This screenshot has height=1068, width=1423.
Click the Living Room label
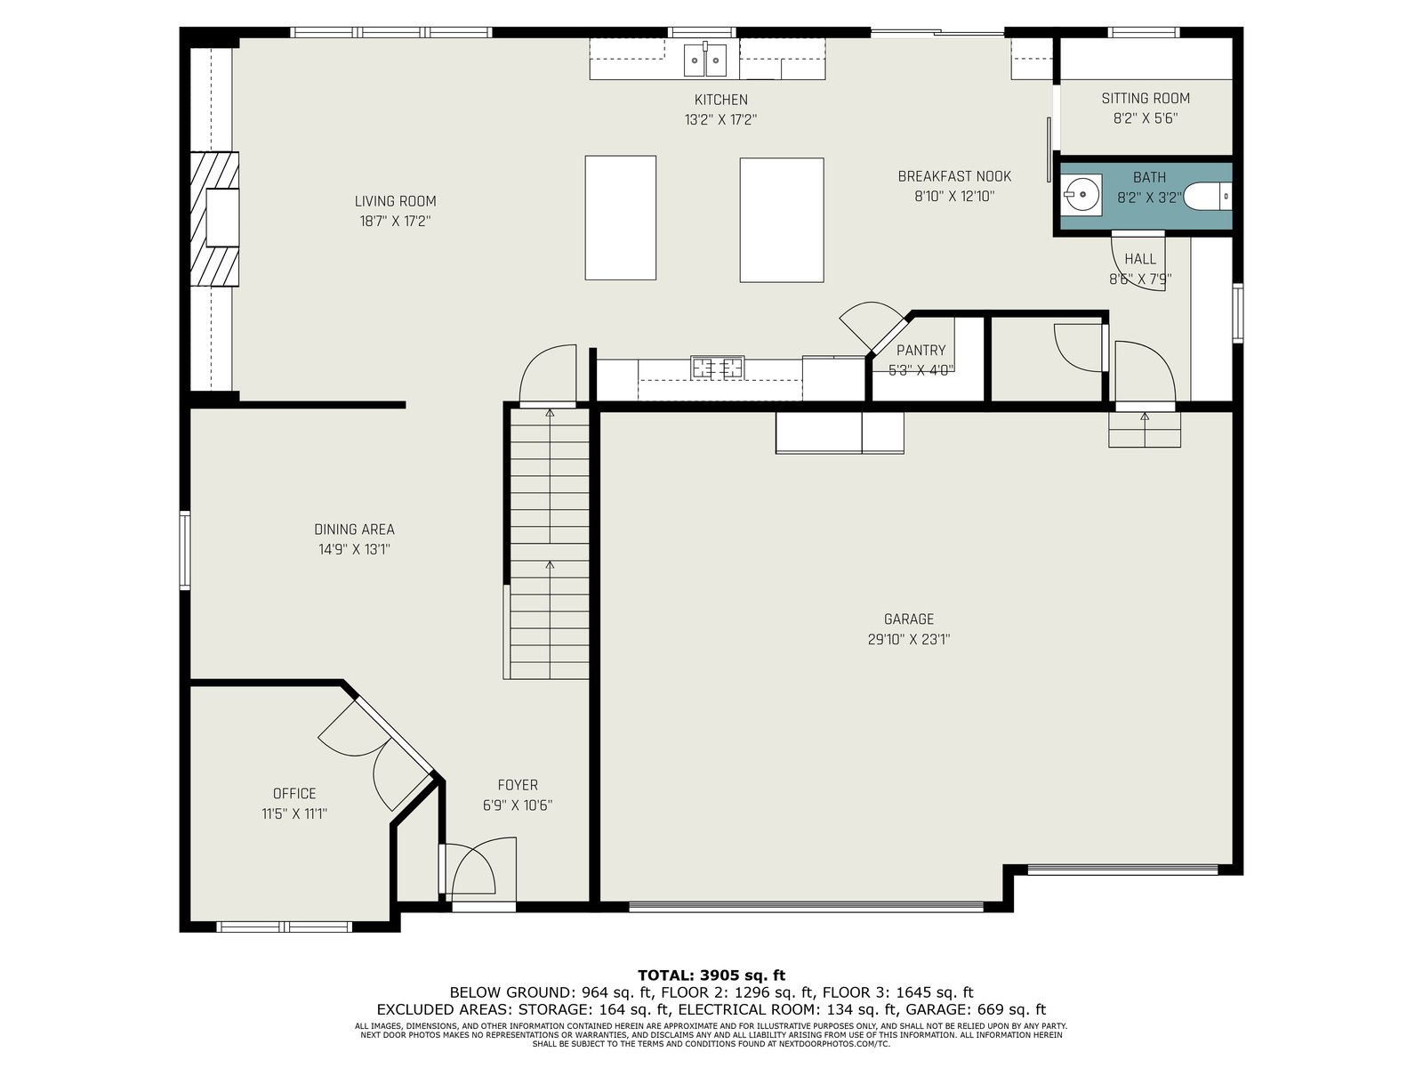tap(395, 202)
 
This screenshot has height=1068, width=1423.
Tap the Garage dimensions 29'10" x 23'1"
tap(908, 640)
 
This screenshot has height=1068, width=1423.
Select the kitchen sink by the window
tap(704, 60)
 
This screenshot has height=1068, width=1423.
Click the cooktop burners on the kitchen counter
tap(717, 368)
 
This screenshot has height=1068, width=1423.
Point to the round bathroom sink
tap(1082, 195)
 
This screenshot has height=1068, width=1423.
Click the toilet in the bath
tap(1207, 197)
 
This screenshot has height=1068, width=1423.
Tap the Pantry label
tap(921, 351)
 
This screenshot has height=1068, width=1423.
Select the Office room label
tap(294, 794)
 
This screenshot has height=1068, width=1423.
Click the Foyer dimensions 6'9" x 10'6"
tap(518, 805)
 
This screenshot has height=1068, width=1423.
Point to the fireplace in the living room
tap(214, 219)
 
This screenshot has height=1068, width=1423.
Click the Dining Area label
tap(354, 530)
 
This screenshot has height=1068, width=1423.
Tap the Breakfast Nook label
tap(954, 176)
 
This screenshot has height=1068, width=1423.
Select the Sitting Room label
tap(1146, 99)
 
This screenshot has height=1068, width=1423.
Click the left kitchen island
tap(621, 218)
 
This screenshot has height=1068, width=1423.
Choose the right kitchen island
tap(782, 220)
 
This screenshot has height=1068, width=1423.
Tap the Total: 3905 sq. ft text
tap(711, 975)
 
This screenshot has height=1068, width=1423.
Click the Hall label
tap(1140, 259)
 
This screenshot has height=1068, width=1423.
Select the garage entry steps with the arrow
tap(1145, 429)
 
